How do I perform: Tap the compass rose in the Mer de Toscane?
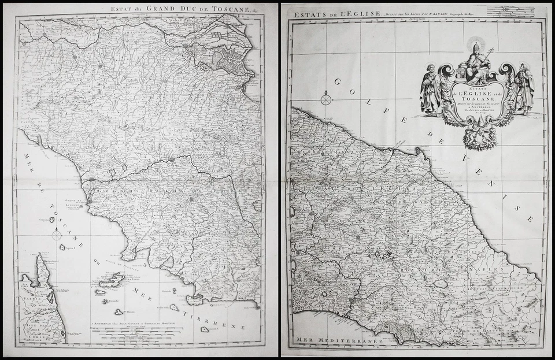coord(56,235)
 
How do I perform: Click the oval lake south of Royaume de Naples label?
coord(441,284)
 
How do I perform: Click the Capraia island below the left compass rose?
coord(62,247)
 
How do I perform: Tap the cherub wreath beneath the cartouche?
coord(479,137)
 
